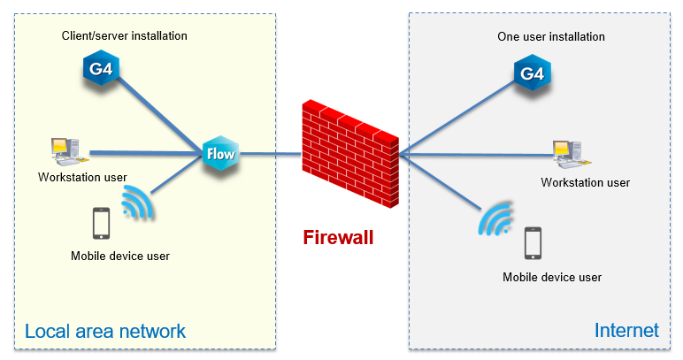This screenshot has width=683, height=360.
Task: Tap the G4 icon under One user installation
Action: click(x=532, y=74)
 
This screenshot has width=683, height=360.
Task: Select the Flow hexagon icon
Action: click(x=219, y=154)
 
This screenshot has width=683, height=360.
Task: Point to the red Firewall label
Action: click(x=338, y=237)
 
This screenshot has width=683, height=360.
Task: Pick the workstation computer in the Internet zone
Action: click(x=565, y=154)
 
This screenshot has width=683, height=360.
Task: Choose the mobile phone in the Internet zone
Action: click(x=533, y=243)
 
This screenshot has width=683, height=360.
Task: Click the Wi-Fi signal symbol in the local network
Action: click(x=137, y=203)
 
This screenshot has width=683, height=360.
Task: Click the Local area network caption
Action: click(x=105, y=332)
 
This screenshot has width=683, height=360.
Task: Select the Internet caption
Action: click(x=626, y=331)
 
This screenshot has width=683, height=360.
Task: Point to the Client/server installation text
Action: click(x=124, y=36)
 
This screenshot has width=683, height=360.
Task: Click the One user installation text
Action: click(x=551, y=37)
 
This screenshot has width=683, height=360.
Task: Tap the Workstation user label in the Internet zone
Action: click(x=586, y=182)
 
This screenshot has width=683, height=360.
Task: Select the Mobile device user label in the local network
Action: click(x=119, y=257)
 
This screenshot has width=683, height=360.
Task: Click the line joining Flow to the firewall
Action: click(x=269, y=155)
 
